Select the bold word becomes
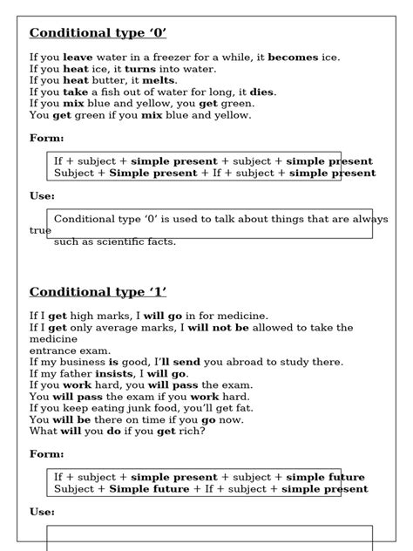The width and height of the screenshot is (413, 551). click(x=293, y=58)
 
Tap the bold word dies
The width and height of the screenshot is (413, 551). click(x=261, y=92)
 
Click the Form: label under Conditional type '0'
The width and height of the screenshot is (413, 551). click(x=47, y=138)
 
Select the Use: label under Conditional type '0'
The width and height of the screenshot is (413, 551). click(x=44, y=196)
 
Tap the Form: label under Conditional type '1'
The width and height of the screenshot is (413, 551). click(x=47, y=454)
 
